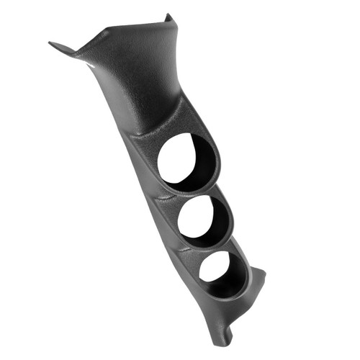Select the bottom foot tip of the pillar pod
[x=220, y=339]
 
